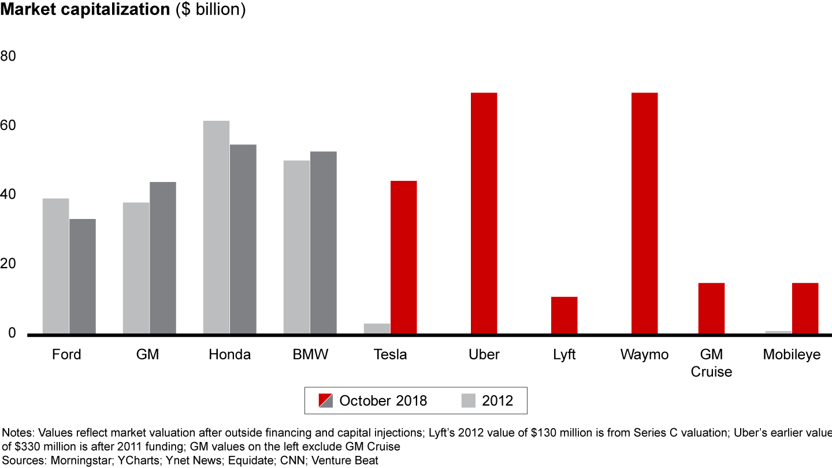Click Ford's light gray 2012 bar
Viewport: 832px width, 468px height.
[x=56, y=266]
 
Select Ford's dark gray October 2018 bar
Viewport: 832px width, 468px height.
[x=83, y=277]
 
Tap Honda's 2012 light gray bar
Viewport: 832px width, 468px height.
[x=216, y=228]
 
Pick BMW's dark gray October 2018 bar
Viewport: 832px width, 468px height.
[x=323, y=243]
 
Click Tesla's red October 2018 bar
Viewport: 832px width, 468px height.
[x=403, y=258]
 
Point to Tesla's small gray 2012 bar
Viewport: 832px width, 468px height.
[x=377, y=329]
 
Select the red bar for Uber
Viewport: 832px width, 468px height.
[x=484, y=214]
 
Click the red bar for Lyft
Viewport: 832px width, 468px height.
[x=564, y=315]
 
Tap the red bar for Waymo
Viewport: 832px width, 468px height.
[x=644, y=214]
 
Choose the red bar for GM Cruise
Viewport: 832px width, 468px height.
[x=711, y=309]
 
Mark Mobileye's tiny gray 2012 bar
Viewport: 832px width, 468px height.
[x=778, y=332]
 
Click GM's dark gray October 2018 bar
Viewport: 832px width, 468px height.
[x=163, y=258]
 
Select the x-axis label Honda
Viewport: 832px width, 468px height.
[x=230, y=355]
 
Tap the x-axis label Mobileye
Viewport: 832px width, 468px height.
[x=792, y=355]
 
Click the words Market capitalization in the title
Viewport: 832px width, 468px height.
[x=86, y=10]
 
